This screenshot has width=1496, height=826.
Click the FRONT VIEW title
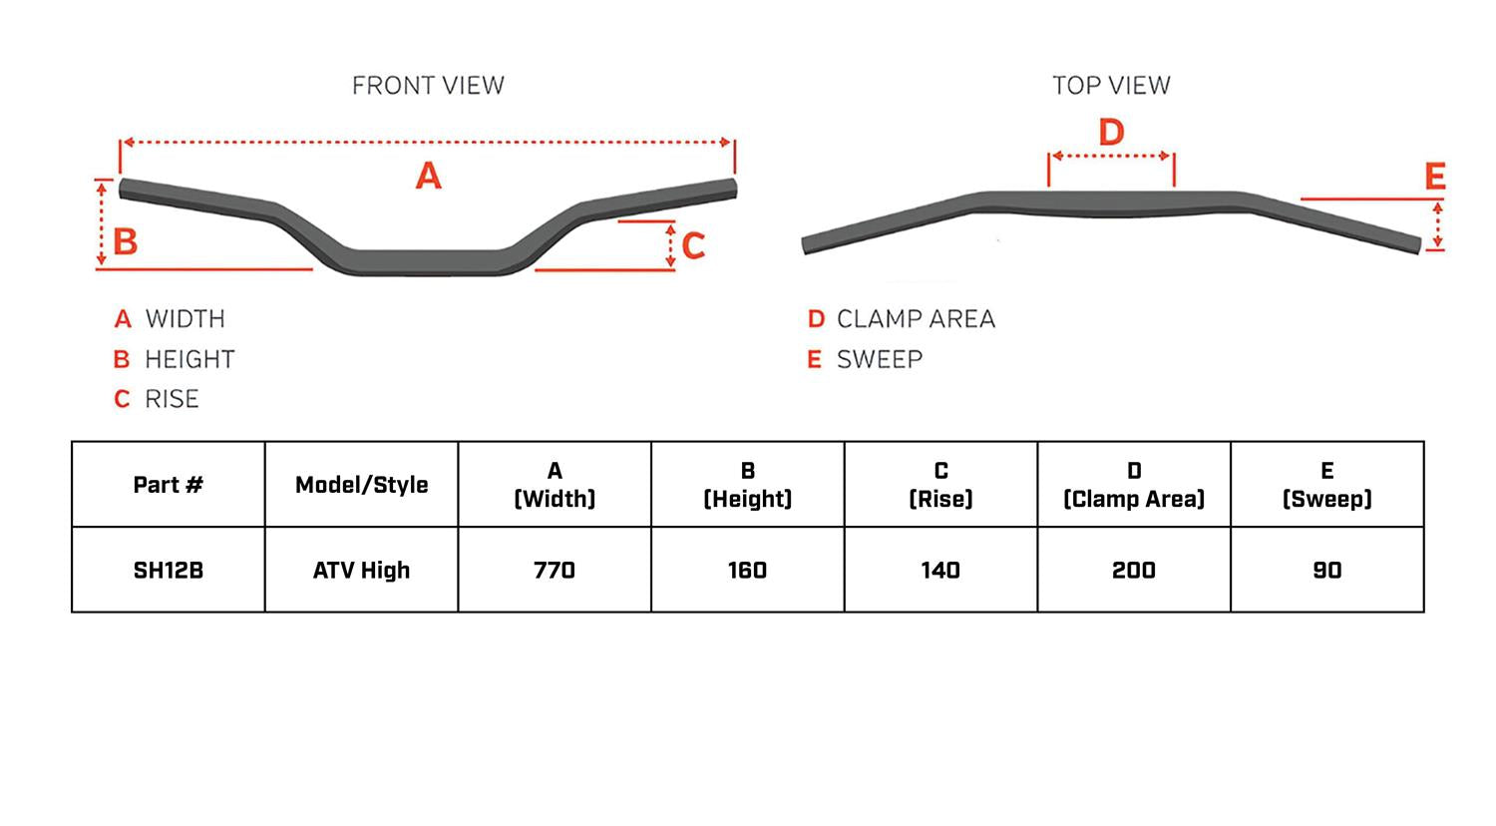428,86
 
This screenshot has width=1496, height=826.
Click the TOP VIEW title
1111,86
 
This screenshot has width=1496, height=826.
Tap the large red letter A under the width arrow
428,177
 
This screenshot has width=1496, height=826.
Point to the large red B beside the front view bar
125,241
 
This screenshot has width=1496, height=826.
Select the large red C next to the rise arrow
693,245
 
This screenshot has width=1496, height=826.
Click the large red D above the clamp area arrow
1111,132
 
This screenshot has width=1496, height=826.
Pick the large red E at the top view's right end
1435,178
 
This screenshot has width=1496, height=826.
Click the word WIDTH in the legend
185,319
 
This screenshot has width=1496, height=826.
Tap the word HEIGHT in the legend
189,359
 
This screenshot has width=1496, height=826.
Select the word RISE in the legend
172,399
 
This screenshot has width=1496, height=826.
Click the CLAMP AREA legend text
916,319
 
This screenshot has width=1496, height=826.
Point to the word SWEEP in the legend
880,359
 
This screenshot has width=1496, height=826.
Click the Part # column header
168,485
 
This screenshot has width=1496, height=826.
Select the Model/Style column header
361,485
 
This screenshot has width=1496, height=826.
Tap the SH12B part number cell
168,571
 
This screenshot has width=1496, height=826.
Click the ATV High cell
361,571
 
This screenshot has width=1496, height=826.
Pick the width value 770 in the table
554,571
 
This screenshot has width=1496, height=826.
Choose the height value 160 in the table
747,571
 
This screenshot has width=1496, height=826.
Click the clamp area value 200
1134,571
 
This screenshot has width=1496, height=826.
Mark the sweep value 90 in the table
1327,571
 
